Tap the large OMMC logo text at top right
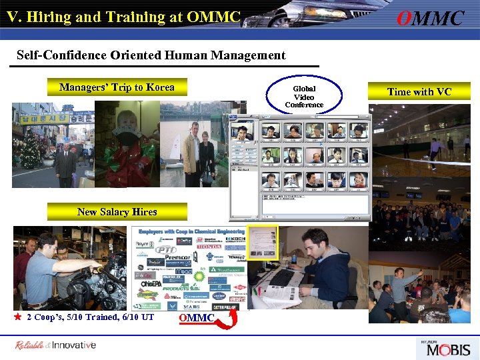coord(430,18)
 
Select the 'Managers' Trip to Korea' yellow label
coord(117,87)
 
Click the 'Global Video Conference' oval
coord(304,97)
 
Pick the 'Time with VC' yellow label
coord(419,91)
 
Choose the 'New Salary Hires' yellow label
coord(117,212)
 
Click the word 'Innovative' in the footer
coord(74,345)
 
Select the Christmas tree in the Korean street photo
coord(30,149)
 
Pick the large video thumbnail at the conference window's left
coord(242,131)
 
